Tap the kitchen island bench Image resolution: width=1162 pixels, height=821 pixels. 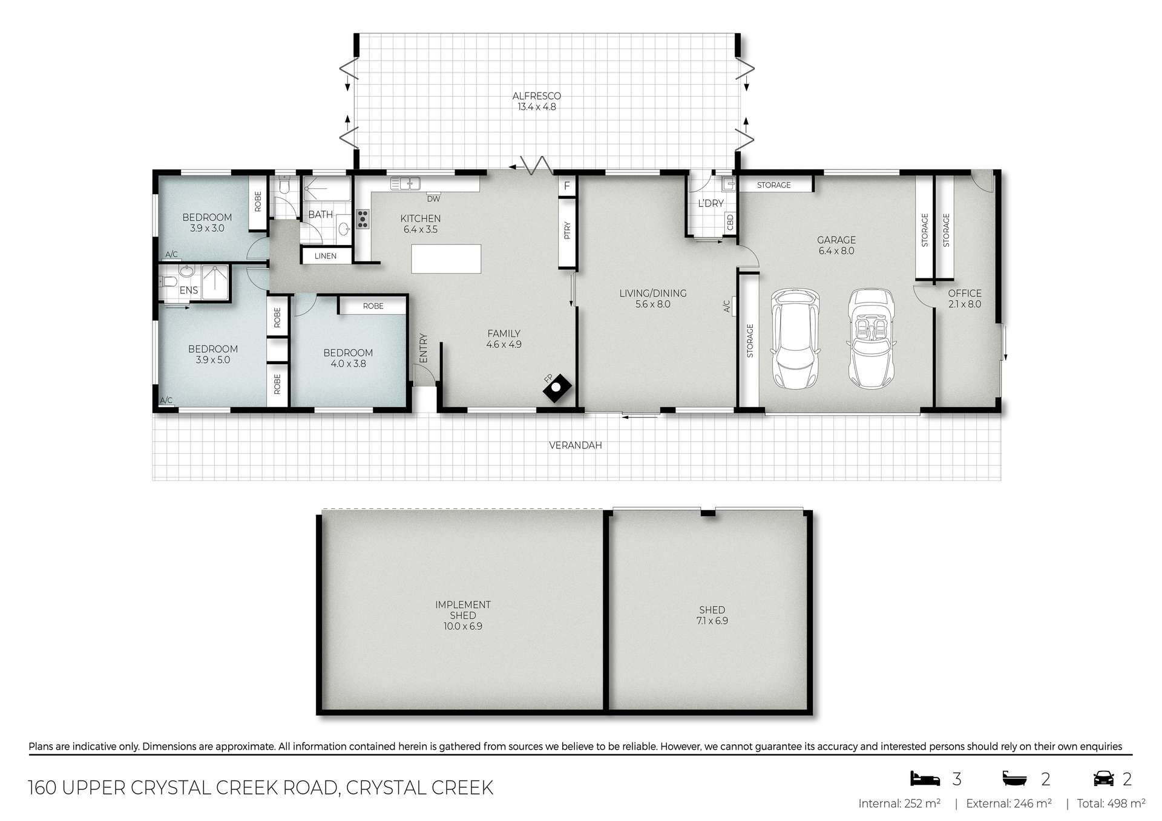(x=446, y=259)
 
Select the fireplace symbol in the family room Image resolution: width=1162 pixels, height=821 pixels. (x=557, y=388)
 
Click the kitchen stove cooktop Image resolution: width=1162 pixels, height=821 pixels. (x=363, y=219)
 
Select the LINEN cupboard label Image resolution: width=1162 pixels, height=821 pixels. (x=326, y=256)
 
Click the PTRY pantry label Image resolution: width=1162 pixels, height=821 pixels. (x=567, y=231)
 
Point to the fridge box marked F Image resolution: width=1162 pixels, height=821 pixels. (x=567, y=186)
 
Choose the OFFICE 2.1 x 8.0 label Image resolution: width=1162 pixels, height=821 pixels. (x=965, y=299)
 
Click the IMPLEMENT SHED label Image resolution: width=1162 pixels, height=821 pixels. (x=463, y=610)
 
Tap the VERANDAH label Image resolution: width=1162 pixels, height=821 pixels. (x=576, y=445)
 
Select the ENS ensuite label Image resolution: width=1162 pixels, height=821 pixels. (x=189, y=290)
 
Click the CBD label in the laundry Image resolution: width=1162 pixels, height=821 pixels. (x=730, y=221)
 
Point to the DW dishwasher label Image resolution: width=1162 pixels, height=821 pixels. (x=433, y=198)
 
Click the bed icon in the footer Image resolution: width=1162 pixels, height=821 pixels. (x=925, y=778)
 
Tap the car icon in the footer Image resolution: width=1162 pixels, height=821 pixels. (x=1104, y=778)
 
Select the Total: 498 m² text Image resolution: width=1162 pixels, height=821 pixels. (x=1111, y=804)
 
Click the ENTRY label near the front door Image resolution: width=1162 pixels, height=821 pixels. (x=423, y=348)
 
